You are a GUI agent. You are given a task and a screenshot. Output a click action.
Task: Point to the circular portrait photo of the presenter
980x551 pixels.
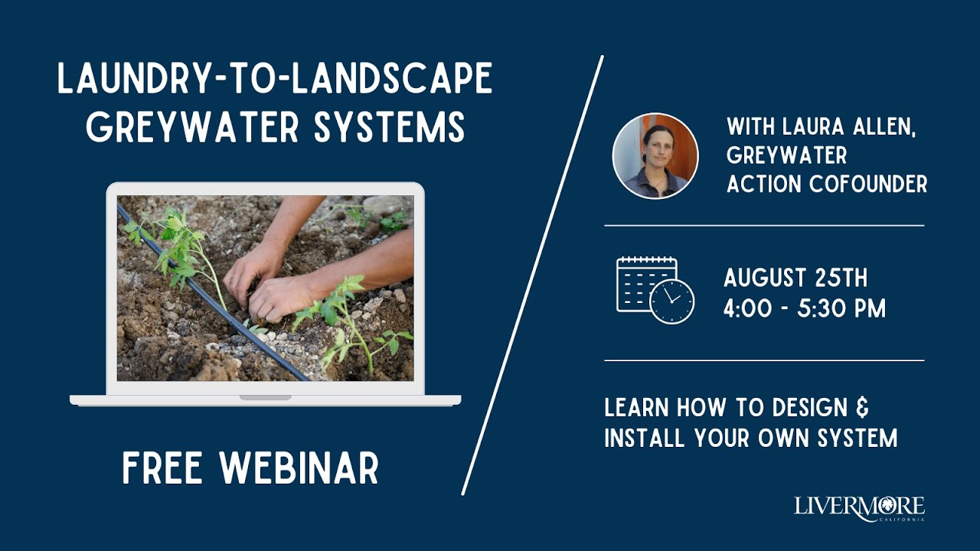click(655, 156)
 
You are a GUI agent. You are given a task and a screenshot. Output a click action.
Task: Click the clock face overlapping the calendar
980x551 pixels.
click(671, 301)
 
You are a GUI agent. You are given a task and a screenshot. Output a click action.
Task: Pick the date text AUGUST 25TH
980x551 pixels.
click(796, 277)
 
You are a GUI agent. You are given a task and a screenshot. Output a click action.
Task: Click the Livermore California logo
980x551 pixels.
click(859, 507)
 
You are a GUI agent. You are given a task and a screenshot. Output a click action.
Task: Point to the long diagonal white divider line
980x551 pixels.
click(533, 275)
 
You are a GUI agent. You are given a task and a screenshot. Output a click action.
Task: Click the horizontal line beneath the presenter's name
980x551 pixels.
click(764, 226)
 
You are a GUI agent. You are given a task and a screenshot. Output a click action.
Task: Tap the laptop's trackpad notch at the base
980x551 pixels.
click(265, 397)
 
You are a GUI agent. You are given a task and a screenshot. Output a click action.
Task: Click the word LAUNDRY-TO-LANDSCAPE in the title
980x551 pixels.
click(275, 80)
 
